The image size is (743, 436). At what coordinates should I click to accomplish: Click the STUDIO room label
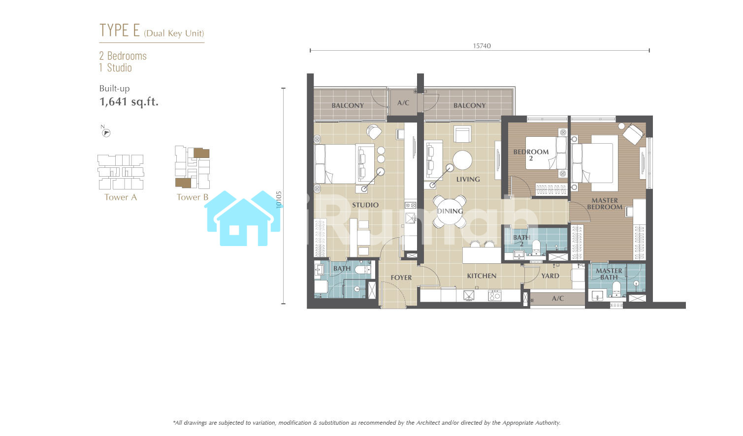click(365, 205)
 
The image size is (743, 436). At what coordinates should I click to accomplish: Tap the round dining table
click(450, 211)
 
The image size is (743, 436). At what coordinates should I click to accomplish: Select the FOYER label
click(401, 278)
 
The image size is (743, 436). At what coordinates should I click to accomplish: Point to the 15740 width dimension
click(482, 46)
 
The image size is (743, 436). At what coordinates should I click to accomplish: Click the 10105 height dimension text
click(279, 200)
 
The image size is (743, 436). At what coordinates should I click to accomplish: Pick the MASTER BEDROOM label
click(605, 204)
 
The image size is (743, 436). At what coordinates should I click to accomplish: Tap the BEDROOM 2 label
click(531, 155)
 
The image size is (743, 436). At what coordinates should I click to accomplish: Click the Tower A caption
click(121, 197)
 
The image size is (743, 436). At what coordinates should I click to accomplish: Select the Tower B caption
click(193, 197)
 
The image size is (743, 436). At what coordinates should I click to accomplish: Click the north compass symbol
click(106, 133)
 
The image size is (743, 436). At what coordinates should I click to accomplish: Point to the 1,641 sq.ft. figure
click(129, 101)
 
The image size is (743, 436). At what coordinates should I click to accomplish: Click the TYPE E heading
click(120, 30)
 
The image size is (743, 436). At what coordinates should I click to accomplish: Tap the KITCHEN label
click(482, 276)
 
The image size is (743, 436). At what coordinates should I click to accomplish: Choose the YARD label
click(550, 276)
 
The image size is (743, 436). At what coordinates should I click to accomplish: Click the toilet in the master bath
click(616, 288)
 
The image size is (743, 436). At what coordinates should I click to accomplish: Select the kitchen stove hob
click(494, 295)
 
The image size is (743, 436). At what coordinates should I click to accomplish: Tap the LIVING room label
click(468, 180)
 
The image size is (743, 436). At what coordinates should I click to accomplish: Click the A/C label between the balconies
click(403, 103)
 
